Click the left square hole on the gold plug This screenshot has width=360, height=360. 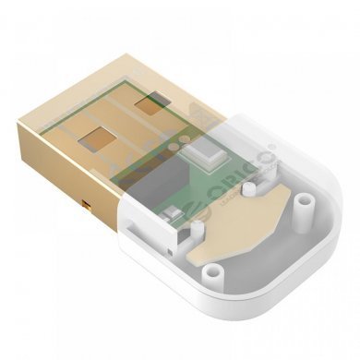(x=95, y=140)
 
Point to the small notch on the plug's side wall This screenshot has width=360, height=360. (x=86, y=201)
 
